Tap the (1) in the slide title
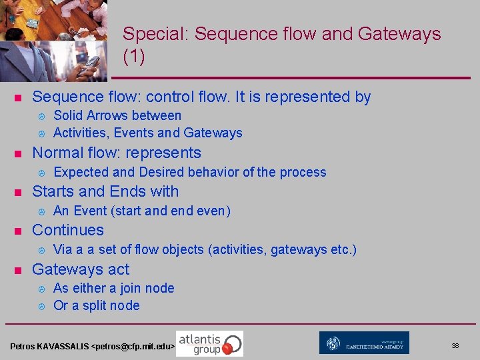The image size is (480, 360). tap(134, 57)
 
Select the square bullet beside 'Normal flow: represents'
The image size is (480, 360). tap(19, 155)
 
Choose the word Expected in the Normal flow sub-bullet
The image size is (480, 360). tap(80, 172)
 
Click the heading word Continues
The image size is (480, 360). tap(68, 230)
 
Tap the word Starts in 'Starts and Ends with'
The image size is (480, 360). tap(53, 191)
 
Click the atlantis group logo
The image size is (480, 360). tap(209, 343)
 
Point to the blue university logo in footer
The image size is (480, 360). tap(364, 343)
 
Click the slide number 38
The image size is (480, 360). tap(455, 345)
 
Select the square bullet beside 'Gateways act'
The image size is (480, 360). tap(19, 271)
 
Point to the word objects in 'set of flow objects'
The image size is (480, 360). tap(180, 249)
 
